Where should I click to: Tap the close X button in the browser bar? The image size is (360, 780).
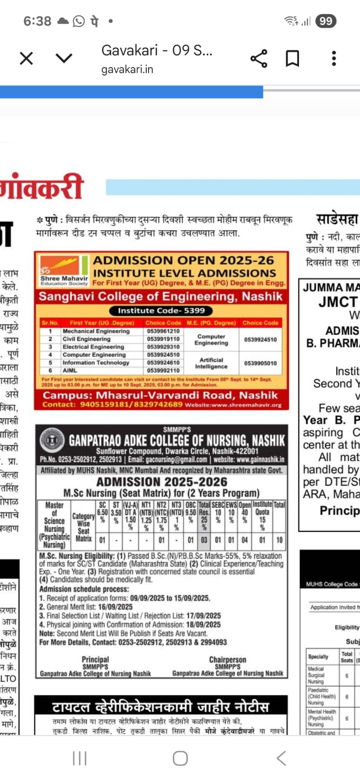[26, 58]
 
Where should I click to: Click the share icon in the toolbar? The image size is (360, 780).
[259, 58]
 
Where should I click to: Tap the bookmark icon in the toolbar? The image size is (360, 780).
[292, 58]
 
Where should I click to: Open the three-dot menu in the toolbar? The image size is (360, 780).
[334, 58]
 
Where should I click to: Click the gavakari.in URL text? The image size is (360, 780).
[127, 70]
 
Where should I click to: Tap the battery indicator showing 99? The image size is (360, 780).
[325, 21]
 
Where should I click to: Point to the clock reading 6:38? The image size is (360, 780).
[37, 21]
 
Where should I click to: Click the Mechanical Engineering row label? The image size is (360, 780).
[96, 331]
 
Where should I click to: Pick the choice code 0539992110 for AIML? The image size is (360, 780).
[163, 370]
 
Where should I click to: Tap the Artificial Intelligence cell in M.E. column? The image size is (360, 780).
[211, 363]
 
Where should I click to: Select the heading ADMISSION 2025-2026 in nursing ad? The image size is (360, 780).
[161, 482]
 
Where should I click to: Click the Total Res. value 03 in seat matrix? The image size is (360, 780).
[204, 540]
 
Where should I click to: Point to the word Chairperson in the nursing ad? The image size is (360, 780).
[227, 660]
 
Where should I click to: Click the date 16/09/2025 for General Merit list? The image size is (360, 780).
[115, 607]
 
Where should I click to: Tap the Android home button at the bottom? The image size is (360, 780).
[180, 758]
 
